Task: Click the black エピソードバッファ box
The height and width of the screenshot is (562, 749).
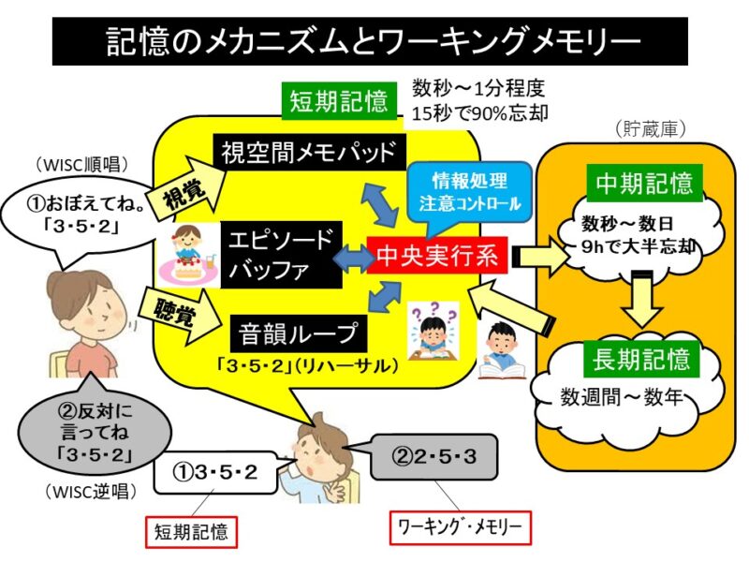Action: click(282, 253)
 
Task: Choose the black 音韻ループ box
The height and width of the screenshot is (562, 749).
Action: click(296, 333)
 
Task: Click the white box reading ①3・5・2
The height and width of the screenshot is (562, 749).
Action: click(213, 471)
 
